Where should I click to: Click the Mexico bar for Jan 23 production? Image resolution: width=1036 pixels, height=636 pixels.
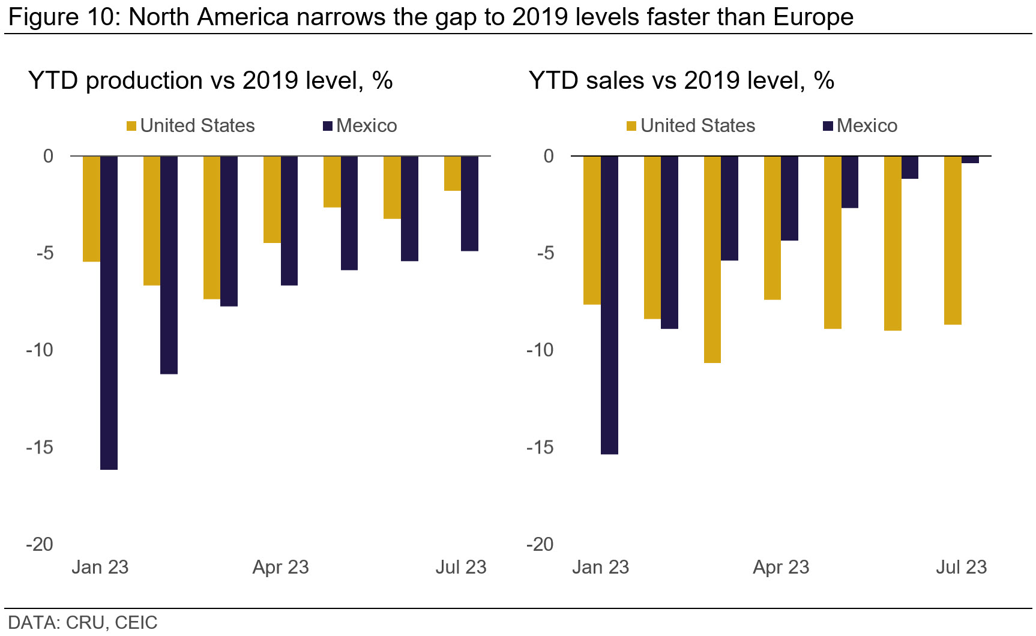[x=109, y=312]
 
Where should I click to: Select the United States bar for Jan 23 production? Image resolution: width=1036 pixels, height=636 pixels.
[x=91, y=209]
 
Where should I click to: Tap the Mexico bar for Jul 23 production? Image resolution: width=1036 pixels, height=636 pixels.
[x=469, y=203]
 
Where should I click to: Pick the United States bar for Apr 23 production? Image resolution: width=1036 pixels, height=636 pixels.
[x=272, y=199]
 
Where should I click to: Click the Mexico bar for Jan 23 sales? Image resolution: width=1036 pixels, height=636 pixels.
[x=609, y=305]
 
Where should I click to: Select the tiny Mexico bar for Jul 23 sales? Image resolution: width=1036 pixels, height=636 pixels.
[x=970, y=160]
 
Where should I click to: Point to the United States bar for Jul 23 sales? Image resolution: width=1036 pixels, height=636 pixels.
[x=953, y=240]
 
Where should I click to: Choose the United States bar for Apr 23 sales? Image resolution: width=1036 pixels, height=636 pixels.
[x=772, y=228]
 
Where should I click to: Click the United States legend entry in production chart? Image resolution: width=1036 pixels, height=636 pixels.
[x=190, y=126]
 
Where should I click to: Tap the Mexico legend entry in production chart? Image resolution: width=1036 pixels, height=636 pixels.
[x=360, y=126]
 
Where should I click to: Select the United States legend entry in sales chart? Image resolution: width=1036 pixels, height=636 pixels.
[x=691, y=126]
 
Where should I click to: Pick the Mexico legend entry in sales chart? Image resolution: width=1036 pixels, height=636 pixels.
[x=860, y=126]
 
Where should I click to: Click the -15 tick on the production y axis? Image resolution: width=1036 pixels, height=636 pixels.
[x=40, y=447]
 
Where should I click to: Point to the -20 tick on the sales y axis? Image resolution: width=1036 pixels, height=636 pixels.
[x=540, y=544]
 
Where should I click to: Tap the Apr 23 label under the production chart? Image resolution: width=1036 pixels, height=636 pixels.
[x=280, y=567]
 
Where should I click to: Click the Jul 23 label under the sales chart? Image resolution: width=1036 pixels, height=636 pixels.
[x=961, y=567]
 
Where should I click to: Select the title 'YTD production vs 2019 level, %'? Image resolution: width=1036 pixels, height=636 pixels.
[x=210, y=80]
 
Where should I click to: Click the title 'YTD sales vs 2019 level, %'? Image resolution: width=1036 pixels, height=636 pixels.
[x=681, y=80]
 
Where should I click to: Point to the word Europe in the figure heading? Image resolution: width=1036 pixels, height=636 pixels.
[x=813, y=17]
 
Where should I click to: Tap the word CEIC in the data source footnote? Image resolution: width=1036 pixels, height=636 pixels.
[x=136, y=623]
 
